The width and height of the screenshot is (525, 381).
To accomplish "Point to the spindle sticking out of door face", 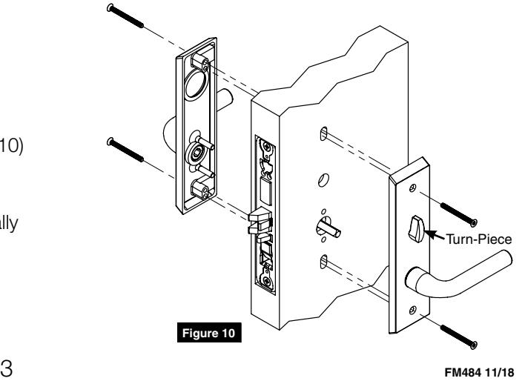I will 328,227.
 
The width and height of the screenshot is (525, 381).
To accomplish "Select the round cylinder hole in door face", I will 320,181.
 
